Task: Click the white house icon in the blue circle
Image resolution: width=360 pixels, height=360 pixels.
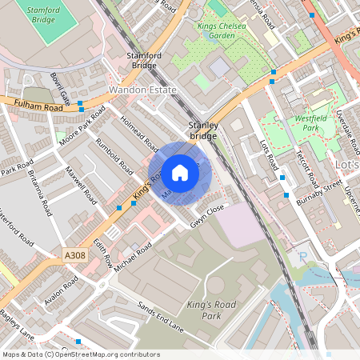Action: tap(180, 172)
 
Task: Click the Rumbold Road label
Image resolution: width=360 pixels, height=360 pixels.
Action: tap(114, 156)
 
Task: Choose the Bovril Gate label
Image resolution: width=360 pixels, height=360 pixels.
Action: tap(60, 90)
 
